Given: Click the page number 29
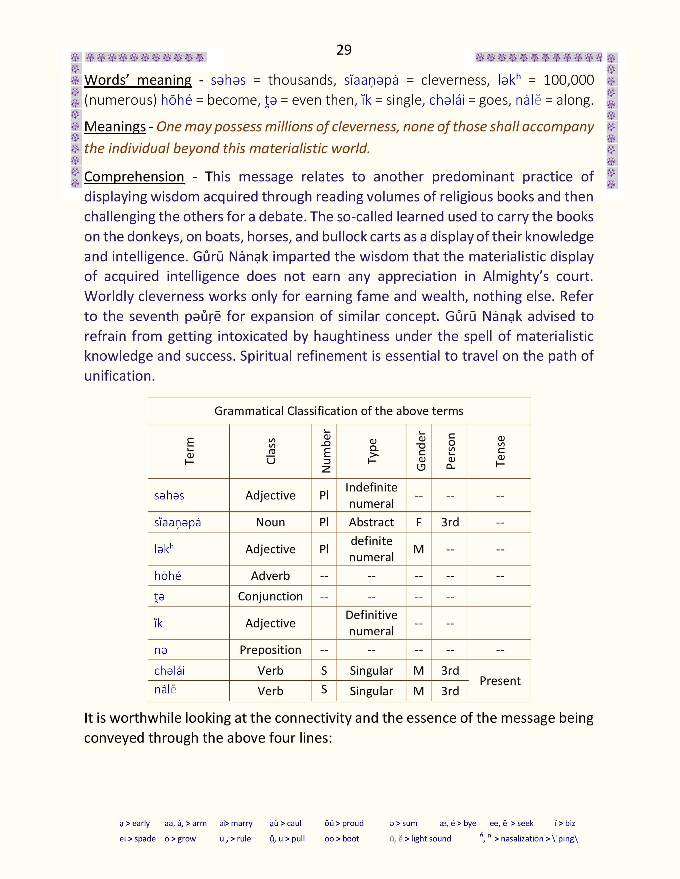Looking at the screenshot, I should [x=344, y=50].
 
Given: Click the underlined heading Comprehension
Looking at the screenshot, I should [x=134, y=177].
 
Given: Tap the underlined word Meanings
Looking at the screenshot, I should [x=115, y=127].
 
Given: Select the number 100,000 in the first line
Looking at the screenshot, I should [x=569, y=80].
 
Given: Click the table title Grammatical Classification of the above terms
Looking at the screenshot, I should [x=339, y=411].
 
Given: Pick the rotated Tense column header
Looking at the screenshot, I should [x=500, y=451].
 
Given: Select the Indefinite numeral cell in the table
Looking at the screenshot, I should [x=371, y=495].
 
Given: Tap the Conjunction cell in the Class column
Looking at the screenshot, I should [x=270, y=596].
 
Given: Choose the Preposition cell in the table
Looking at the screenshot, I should [x=270, y=650].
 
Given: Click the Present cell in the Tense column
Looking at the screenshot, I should [x=500, y=681].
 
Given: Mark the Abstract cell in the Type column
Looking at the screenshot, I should [x=371, y=522].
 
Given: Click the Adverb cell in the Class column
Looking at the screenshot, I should [x=270, y=576].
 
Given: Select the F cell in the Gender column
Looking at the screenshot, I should [x=419, y=522].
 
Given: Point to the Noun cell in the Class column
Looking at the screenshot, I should [x=270, y=522].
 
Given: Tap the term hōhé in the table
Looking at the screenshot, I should [x=167, y=576].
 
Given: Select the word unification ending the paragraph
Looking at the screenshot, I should [x=119, y=376].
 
